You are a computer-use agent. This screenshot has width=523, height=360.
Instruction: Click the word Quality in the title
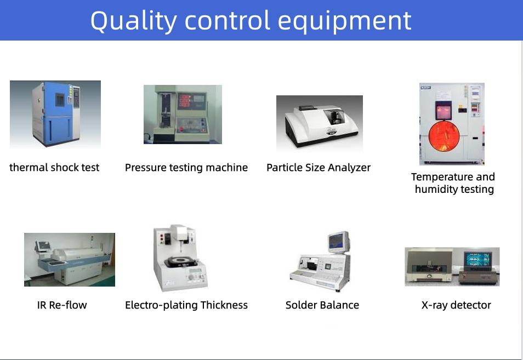tap(133, 21)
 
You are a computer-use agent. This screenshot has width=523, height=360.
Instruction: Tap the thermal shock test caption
tap(54, 167)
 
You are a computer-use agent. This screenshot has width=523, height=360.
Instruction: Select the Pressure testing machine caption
tap(186, 168)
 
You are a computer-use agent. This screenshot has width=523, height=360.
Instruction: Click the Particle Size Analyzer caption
tap(319, 168)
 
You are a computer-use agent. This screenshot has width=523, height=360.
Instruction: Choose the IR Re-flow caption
tap(62, 305)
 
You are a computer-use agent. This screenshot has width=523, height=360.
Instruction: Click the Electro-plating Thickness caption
tap(186, 305)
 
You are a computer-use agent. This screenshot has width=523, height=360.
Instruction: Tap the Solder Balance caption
tap(322, 305)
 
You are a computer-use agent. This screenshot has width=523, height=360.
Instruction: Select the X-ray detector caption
tap(456, 305)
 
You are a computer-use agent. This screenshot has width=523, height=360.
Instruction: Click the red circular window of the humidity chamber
tap(444, 136)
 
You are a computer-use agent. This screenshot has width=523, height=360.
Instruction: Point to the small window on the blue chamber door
tap(60, 100)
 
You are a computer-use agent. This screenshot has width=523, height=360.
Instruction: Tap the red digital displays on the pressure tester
tap(185, 100)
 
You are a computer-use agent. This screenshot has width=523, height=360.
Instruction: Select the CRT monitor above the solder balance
tap(339, 242)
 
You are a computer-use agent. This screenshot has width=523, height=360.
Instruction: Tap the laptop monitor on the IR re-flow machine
tap(44, 245)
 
